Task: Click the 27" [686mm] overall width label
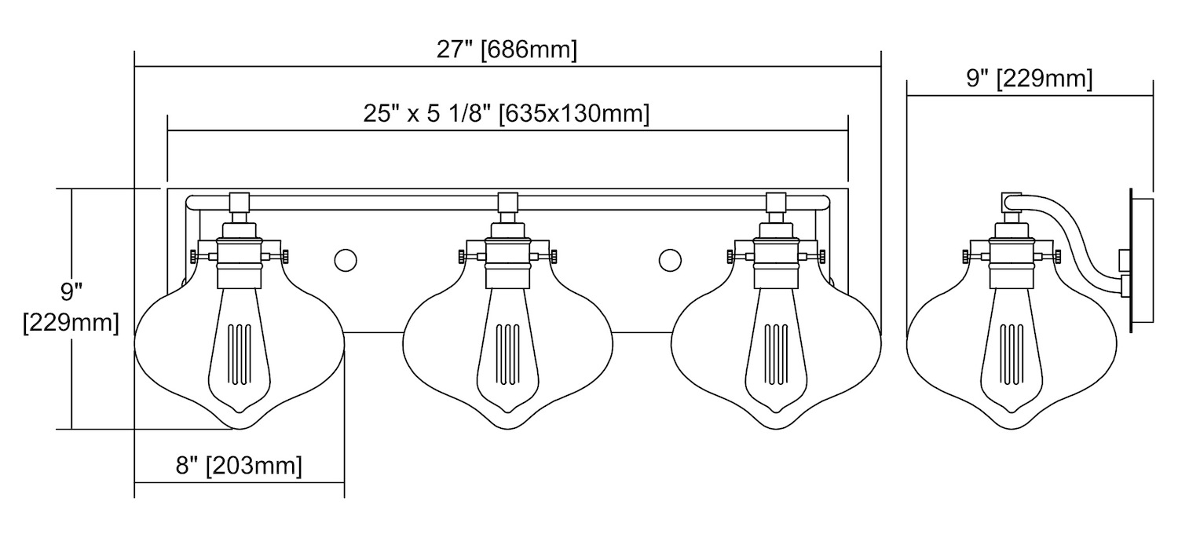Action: coord(507,50)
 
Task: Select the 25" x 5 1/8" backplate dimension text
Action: coord(506,113)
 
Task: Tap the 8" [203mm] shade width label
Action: coord(239,466)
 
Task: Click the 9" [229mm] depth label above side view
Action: coord(1029,79)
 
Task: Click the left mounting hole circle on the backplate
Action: coord(346,260)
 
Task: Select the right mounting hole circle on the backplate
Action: coord(670,260)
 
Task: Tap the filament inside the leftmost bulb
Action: coord(240,354)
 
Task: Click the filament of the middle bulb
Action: coord(507,354)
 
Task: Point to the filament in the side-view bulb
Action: coord(1012,354)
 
